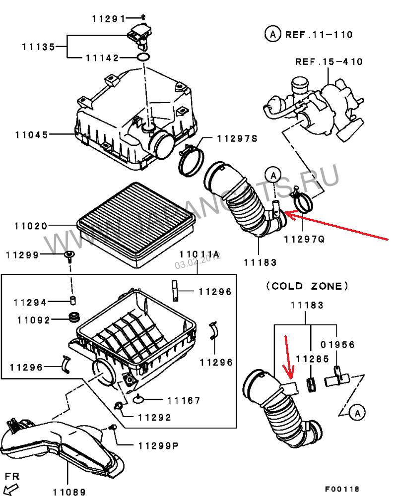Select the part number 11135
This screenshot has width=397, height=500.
coord(38,48)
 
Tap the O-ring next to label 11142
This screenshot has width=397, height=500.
coord(143,59)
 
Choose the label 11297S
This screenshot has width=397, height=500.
coord(237,138)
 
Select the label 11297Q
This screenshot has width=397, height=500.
coord(304,238)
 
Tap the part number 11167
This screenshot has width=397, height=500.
coord(183,400)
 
